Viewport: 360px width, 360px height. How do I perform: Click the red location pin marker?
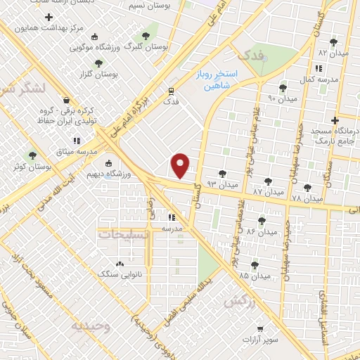(181, 165)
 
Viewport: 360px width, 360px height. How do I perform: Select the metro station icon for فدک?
(171, 90)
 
